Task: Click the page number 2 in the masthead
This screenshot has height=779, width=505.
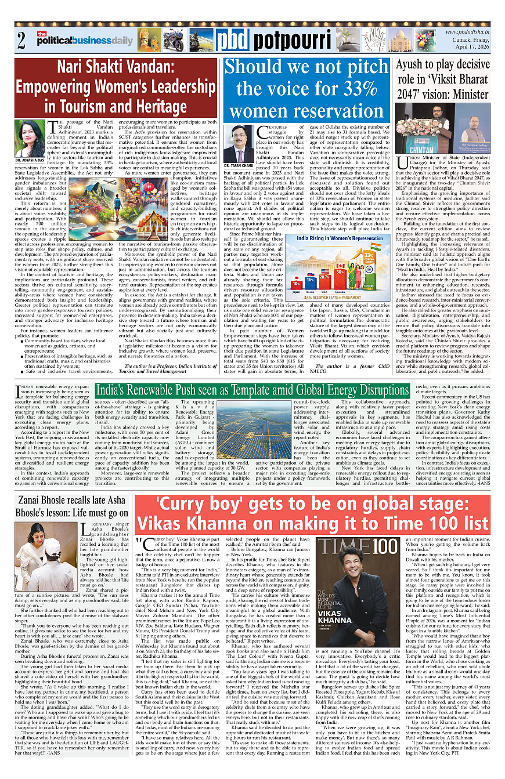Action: (21, 42)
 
